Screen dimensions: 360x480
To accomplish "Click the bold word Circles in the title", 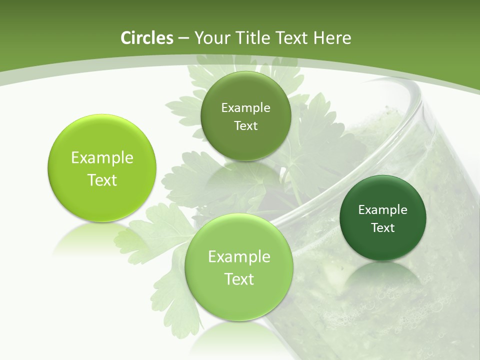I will tap(147, 38).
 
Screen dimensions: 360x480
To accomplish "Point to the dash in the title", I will tap(183, 38).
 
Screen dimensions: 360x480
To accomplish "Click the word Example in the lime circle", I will tap(102, 158).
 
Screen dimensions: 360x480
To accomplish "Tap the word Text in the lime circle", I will tap(102, 180).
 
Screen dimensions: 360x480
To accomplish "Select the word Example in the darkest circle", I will tap(383, 210).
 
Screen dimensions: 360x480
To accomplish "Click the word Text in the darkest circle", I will tap(383, 228).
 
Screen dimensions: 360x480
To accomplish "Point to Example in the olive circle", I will tap(245, 108).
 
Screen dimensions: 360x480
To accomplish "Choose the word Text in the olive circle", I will tap(245, 126).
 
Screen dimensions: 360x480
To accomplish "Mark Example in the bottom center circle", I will tap(239, 257).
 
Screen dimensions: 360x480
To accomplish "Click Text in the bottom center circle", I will tap(239, 279).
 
